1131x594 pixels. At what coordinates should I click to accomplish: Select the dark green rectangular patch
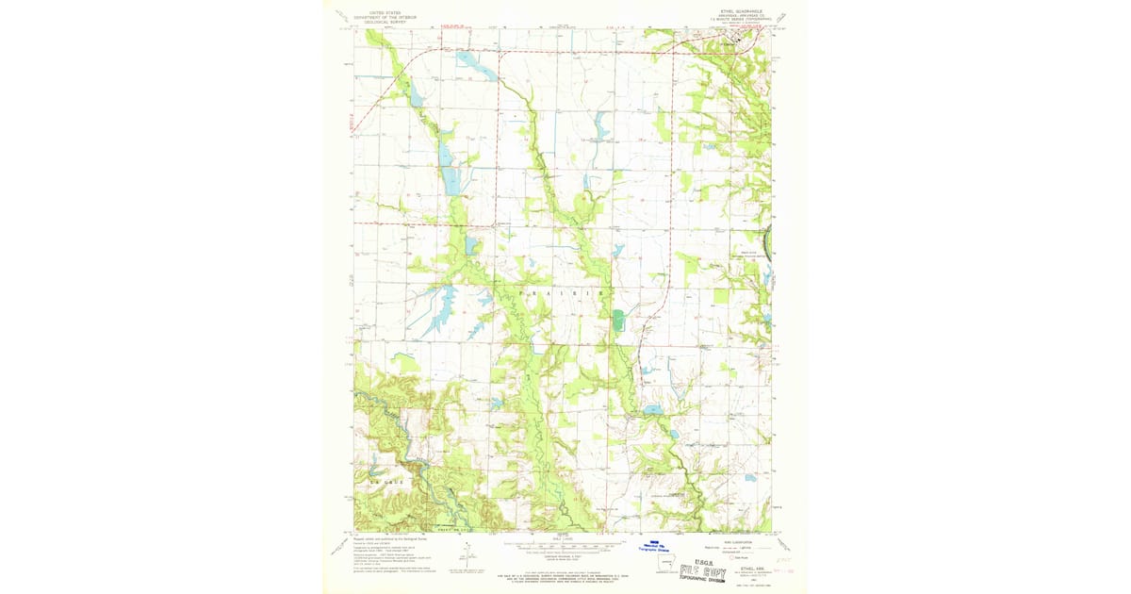(x=617, y=321)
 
